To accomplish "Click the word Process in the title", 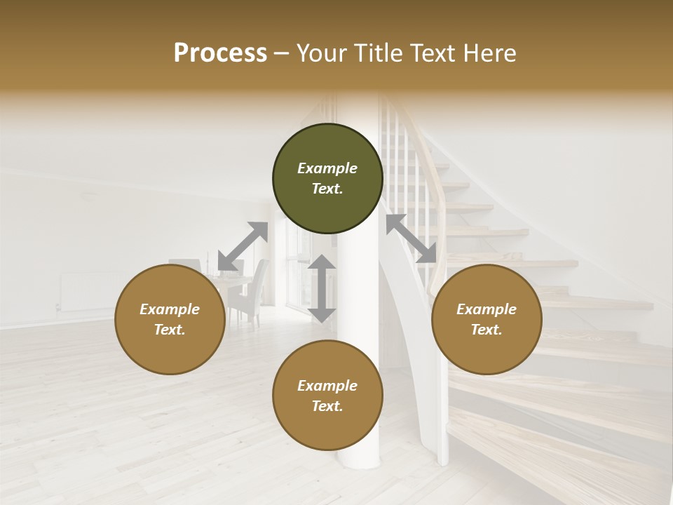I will pyautogui.click(x=220, y=53).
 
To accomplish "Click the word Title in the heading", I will pyautogui.click(x=376, y=53).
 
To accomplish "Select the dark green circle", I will pyautogui.click(x=327, y=178).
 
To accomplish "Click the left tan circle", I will pyautogui.click(x=170, y=319).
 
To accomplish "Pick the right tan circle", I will pyautogui.click(x=487, y=319).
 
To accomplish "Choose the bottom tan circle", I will pyautogui.click(x=327, y=396).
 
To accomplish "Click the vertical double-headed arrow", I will pyautogui.click(x=322, y=288).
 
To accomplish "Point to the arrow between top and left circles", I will pyautogui.click(x=243, y=246).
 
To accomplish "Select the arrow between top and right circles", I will pyautogui.click(x=412, y=238).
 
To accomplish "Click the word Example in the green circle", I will pyautogui.click(x=327, y=168).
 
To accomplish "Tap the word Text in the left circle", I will pyautogui.click(x=170, y=330).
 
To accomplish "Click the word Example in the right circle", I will pyautogui.click(x=487, y=309).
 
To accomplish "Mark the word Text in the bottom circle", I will pyautogui.click(x=327, y=406).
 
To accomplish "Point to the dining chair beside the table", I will pyautogui.click(x=249, y=295).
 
